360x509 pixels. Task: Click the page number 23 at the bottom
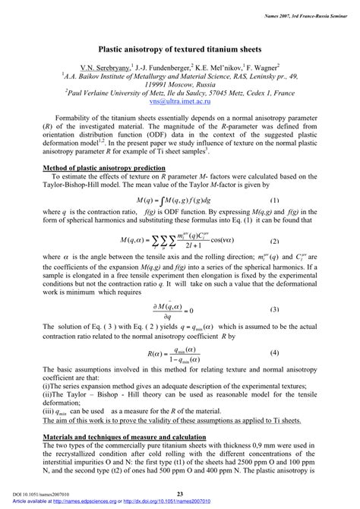[180, 495]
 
